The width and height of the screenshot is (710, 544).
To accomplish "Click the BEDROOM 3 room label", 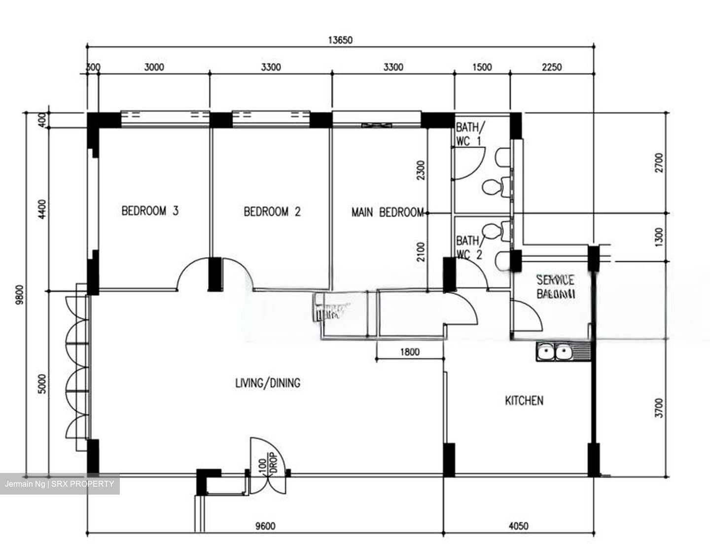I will pyautogui.click(x=150, y=211).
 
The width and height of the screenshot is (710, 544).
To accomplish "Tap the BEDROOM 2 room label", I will pyautogui.click(x=272, y=212).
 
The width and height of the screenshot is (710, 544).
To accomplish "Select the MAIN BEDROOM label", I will pyautogui.click(x=388, y=212).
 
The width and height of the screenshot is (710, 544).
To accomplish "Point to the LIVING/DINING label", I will pyautogui.click(x=268, y=383).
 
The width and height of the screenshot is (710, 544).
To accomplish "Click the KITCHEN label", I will pyautogui.click(x=524, y=400).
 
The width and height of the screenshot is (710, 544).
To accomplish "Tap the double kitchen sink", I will pyautogui.click(x=555, y=352).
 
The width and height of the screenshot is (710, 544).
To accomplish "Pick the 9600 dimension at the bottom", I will pyautogui.click(x=265, y=526).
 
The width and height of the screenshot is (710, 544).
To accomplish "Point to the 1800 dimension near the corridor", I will pyautogui.click(x=410, y=352).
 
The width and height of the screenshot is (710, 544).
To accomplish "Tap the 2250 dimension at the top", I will pyautogui.click(x=551, y=67).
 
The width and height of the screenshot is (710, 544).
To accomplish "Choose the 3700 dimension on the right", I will pyautogui.click(x=660, y=408).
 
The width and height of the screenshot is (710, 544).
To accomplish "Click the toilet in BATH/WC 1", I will pyautogui.click(x=492, y=187).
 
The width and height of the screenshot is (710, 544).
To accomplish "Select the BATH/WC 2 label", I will pyautogui.click(x=468, y=247).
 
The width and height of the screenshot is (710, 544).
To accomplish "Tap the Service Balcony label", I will pyautogui.click(x=555, y=287).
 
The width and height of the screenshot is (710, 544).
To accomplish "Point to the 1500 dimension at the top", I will pyautogui.click(x=481, y=67).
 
